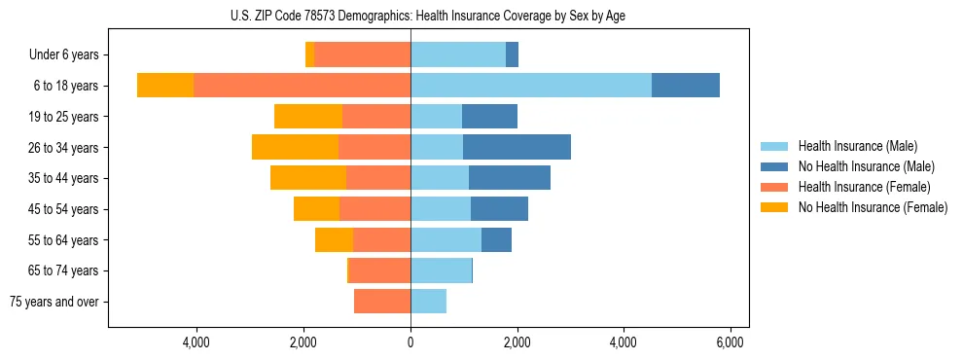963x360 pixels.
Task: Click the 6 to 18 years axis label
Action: pos(65,86)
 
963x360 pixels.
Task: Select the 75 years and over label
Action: pos(54,302)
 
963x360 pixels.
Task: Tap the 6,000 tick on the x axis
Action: pos(730,342)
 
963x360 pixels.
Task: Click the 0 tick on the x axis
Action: pos(410,342)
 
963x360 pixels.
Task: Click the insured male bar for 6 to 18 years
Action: pos(531,86)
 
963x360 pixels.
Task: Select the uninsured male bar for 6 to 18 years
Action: pos(686,86)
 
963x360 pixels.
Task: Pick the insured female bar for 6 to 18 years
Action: pos(302,86)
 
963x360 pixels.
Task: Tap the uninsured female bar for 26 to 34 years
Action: pos(295,147)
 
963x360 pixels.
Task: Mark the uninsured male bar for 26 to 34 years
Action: pos(517,147)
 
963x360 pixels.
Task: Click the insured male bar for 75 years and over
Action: pos(428,302)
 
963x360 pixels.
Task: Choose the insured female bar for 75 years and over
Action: pos(382,302)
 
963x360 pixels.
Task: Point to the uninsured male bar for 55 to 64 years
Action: pos(496,240)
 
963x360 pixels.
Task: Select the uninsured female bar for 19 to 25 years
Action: pos(308,117)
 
